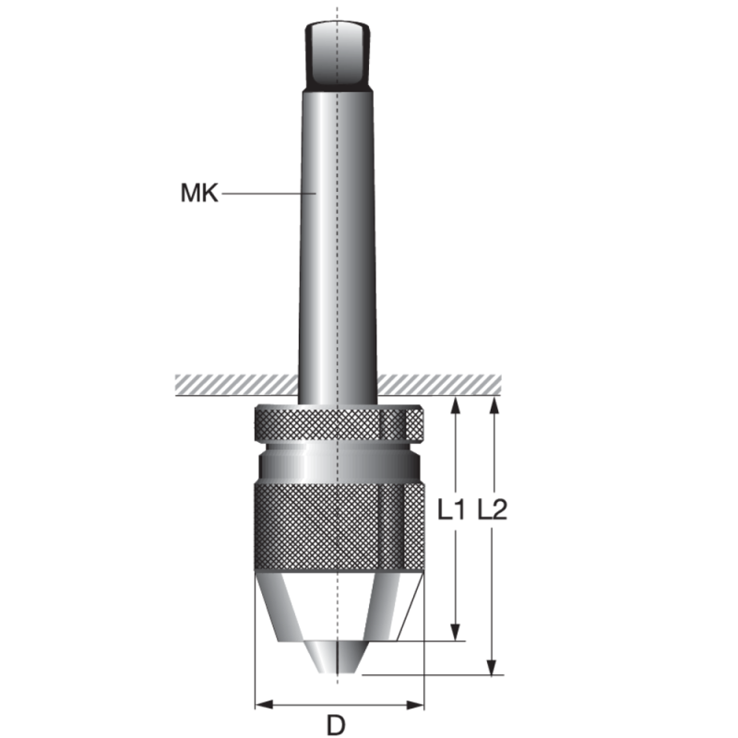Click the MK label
pyautogui.click(x=199, y=195)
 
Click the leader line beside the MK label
pyautogui.click(x=268, y=194)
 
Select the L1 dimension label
pyautogui.click(x=450, y=509)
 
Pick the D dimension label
pyautogui.click(x=338, y=725)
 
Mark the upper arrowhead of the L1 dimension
pyautogui.click(x=455, y=404)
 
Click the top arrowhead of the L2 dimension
pyautogui.click(x=494, y=404)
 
